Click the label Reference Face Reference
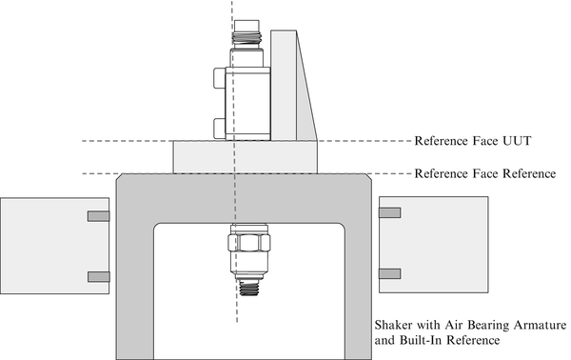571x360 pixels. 485,174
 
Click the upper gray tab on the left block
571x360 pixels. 99,216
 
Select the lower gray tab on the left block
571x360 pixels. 99,276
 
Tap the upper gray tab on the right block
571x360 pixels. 389,213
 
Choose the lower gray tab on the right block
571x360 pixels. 389,273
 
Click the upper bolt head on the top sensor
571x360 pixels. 220,77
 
